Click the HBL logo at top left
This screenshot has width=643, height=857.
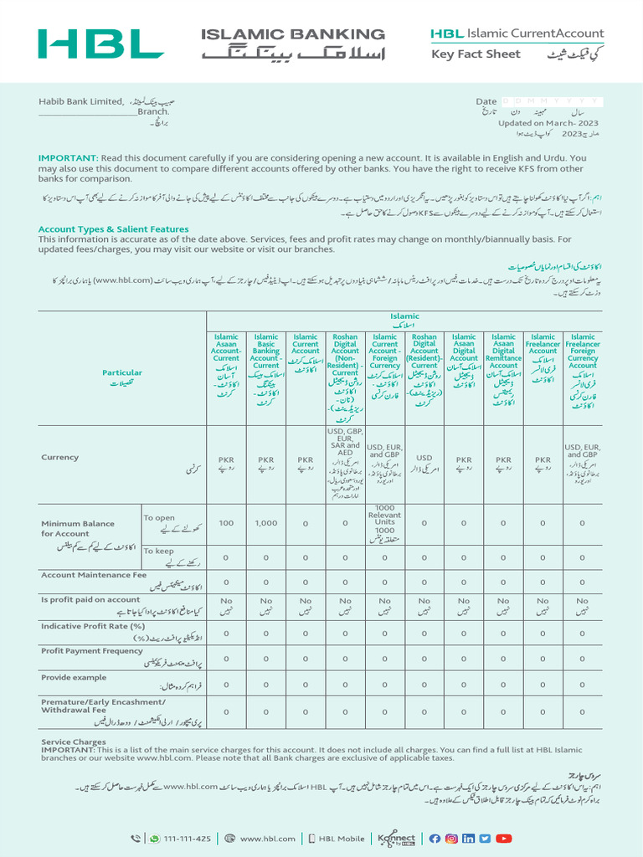(x=100, y=44)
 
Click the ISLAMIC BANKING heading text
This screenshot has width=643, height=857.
(x=293, y=34)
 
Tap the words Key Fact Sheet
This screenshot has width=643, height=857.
(x=476, y=54)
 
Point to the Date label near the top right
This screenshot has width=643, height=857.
(x=486, y=101)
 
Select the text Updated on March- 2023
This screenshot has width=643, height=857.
(x=548, y=123)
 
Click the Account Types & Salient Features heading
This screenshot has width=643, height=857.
(x=113, y=229)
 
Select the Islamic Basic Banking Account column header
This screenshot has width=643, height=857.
(x=265, y=352)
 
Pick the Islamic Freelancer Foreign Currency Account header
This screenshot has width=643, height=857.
(x=583, y=352)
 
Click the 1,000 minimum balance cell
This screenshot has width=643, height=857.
(x=265, y=523)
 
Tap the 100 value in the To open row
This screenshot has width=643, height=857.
(x=226, y=523)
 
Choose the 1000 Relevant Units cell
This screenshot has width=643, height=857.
(x=384, y=520)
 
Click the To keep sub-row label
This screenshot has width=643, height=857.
(x=159, y=551)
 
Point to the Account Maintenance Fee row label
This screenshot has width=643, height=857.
(x=94, y=576)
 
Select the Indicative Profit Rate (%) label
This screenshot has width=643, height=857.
(x=93, y=626)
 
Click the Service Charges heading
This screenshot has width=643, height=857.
(x=74, y=742)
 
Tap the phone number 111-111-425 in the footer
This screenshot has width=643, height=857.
(x=188, y=839)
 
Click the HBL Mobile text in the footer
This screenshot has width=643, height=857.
(x=340, y=839)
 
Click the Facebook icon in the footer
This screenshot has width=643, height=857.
(x=435, y=839)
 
